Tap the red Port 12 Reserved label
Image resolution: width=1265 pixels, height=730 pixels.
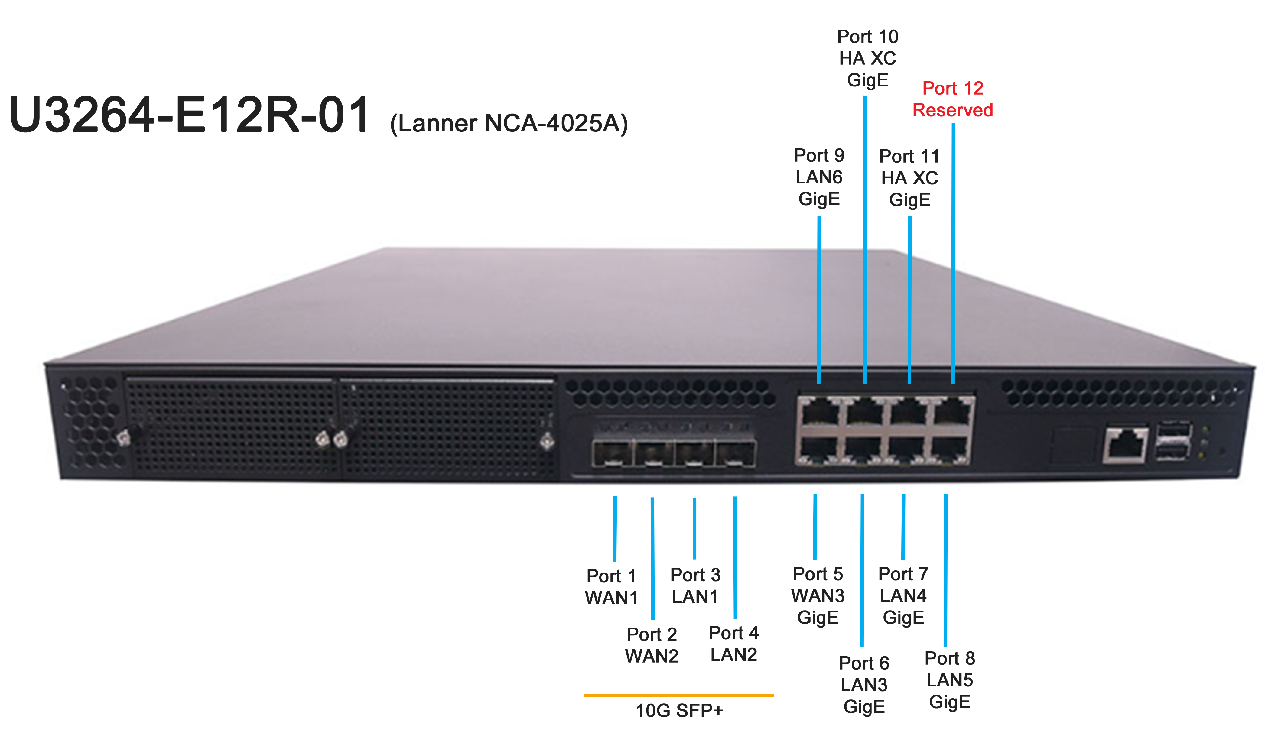pyautogui.click(x=953, y=99)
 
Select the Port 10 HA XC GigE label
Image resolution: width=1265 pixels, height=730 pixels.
pyautogui.click(x=867, y=58)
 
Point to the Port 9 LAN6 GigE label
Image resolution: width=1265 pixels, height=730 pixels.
pyautogui.click(x=819, y=177)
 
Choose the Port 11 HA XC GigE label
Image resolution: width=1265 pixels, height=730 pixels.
pyautogui.click(x=909, y=178)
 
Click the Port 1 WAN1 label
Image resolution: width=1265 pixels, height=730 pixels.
pyautogui.click(x=611, y=587)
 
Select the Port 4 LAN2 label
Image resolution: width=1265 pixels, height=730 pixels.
pyautogui.click(x=733, y=644)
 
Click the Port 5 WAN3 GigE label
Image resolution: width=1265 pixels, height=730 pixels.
pyautogui.click(x=818, y=595)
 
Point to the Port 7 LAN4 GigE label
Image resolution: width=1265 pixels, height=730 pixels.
pyautogui.click(x=903, y=595)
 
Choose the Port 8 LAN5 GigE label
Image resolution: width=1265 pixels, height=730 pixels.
pyautogui.click(x=950, y=680)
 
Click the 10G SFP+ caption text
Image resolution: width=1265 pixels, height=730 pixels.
pyautogui.click(x=679, y=710)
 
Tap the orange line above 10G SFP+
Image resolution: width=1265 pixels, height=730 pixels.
pyautogui.click(x=678, y=696)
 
